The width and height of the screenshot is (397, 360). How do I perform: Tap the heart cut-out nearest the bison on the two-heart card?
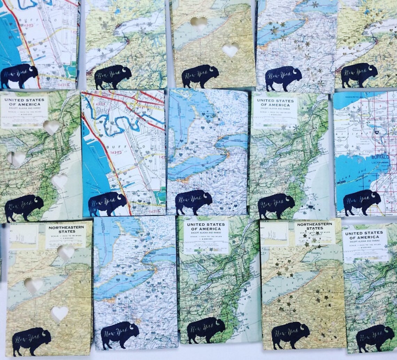pyautogui.click(x=230, y=49)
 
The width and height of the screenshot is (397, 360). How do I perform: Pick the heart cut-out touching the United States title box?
pyautogui.click(x=51, y=127)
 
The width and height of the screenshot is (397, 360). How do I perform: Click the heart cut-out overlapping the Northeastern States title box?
pyautogui.click(x=65, y=252)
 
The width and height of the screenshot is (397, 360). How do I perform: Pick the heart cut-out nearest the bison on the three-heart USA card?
pyautogui.click(x=60, y=181)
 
